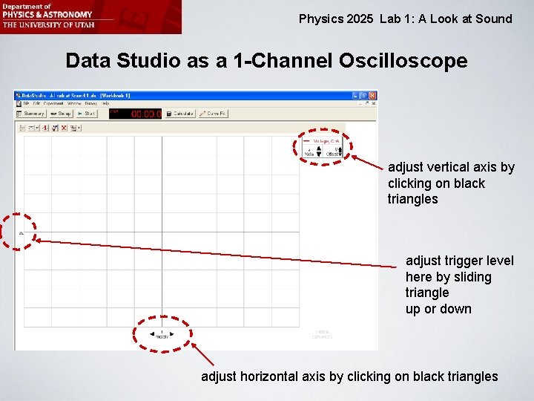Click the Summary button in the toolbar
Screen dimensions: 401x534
tap(32, 114)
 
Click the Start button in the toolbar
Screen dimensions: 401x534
tap(86, 114)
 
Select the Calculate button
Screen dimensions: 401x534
tap(180, 114)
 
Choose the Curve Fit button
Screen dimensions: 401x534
tap(214, 114)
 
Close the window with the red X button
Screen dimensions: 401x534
tap(372, 96)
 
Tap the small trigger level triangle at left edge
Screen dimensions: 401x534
tap(21, 233)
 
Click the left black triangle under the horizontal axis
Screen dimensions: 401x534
tap(151, 333)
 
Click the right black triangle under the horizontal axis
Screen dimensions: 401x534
tap(172, 333)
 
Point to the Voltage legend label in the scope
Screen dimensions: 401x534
tap(326, 140)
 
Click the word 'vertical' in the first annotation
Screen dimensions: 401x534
tap(452, 167)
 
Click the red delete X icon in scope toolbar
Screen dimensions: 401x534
tap(64, 128)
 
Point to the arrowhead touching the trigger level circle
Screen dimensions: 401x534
tap(37, 240)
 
